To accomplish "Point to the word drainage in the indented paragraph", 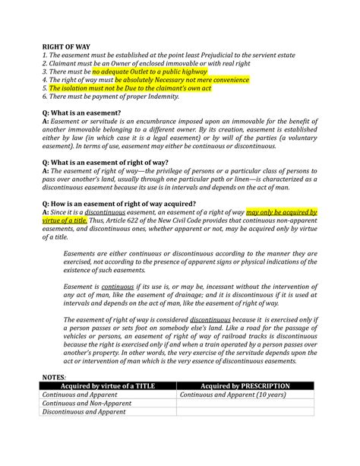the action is coord(186,294).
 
